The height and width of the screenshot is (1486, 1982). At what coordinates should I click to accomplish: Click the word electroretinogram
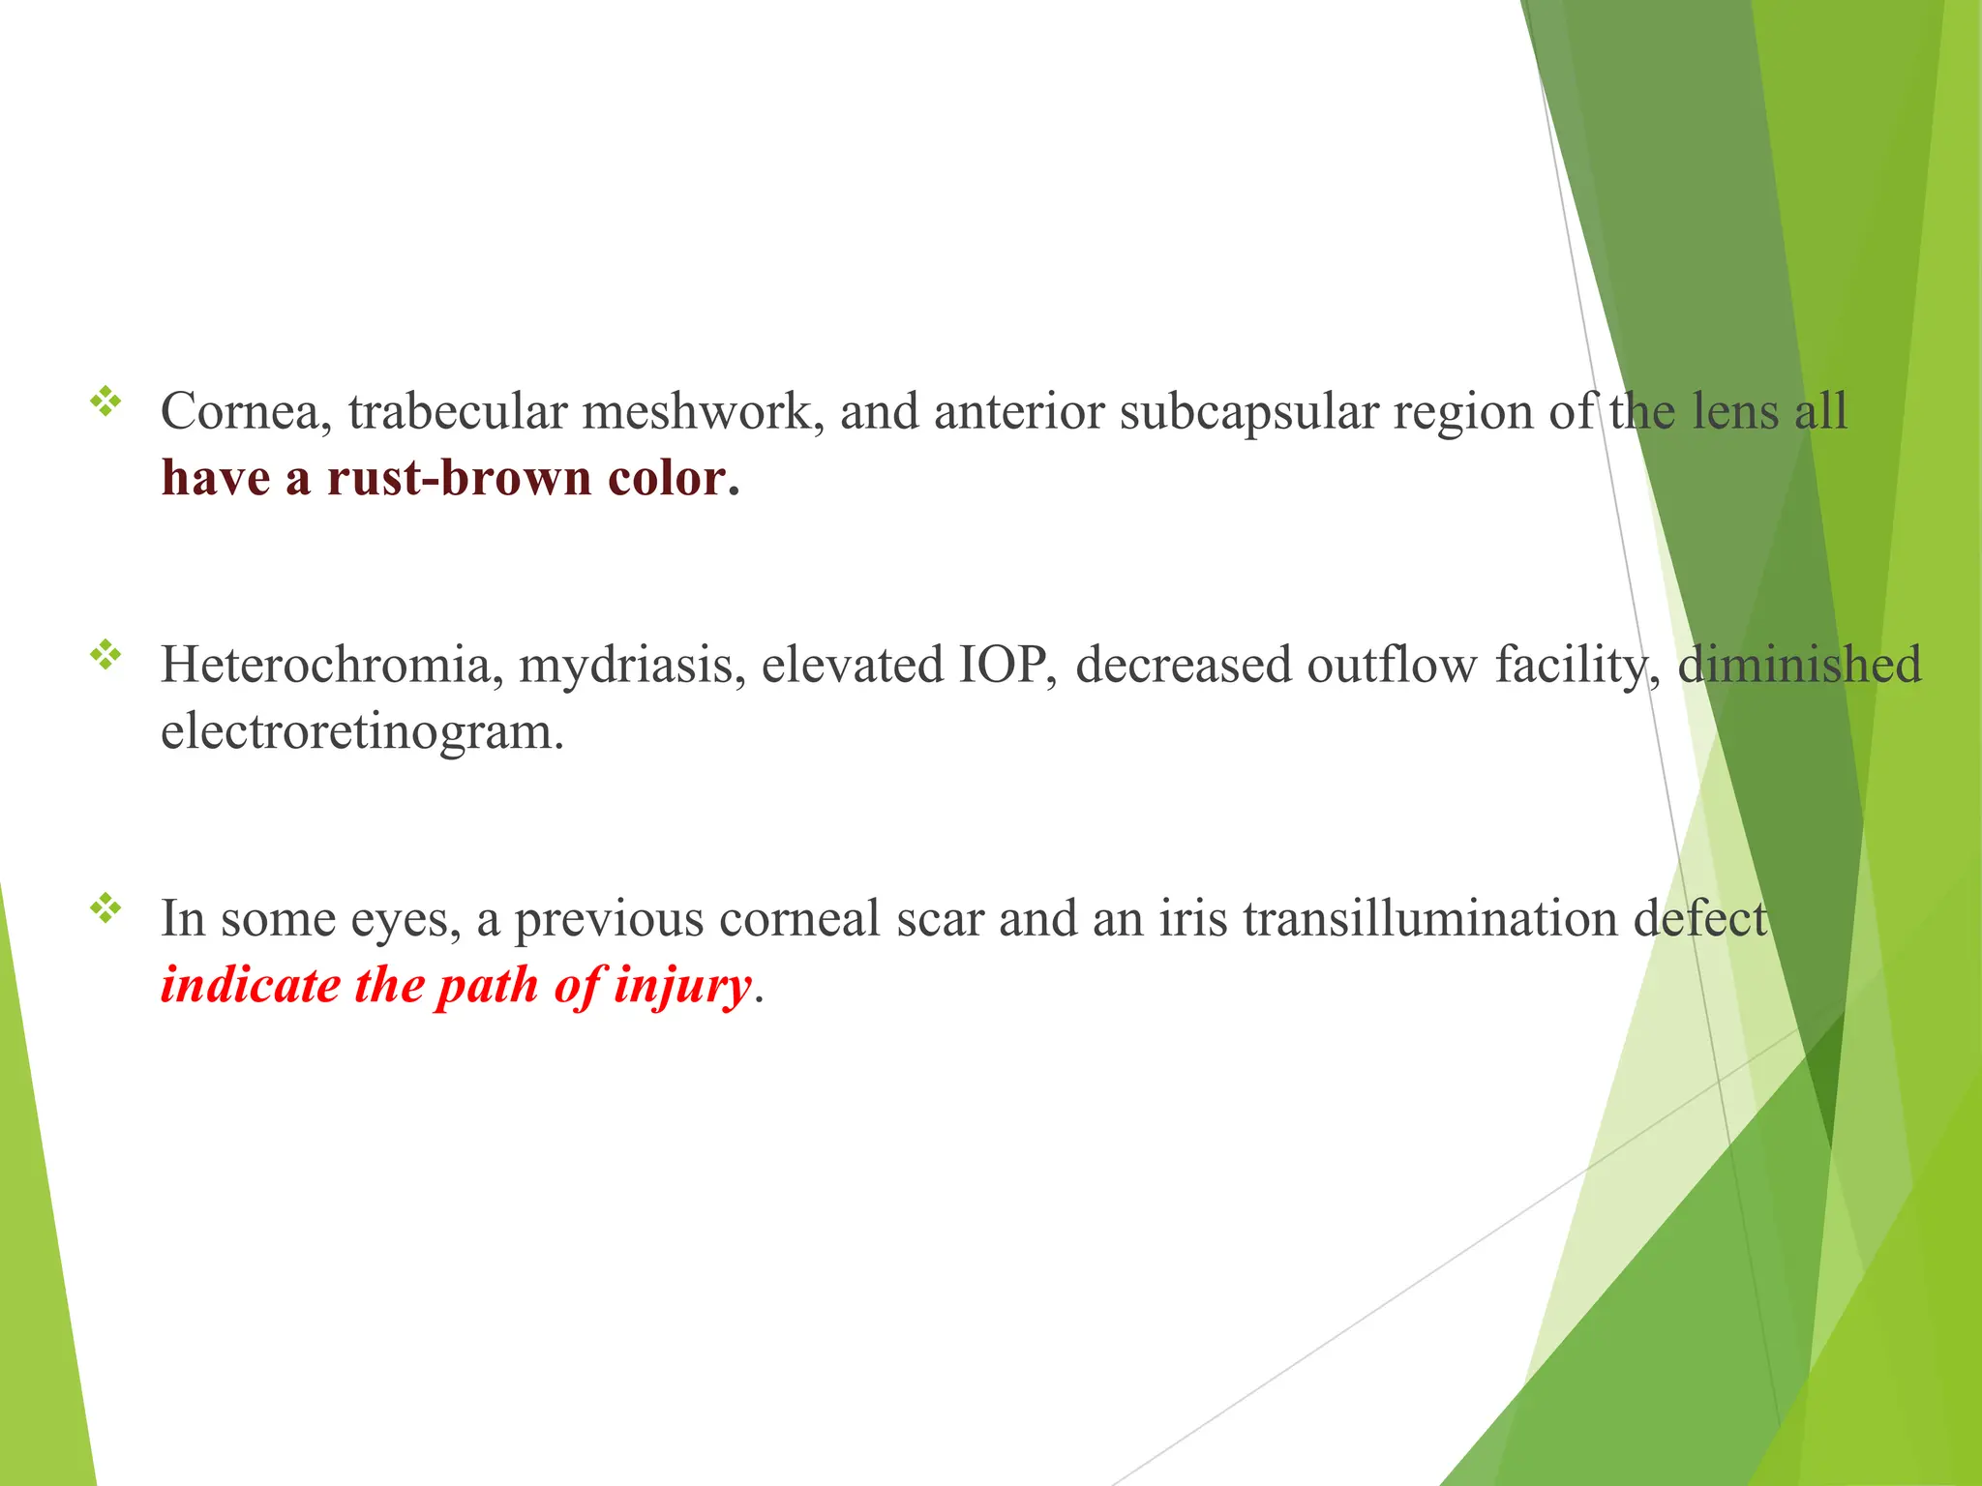(x=362, y=731)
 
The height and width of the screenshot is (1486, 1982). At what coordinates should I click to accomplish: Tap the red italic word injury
(x=682, y=986)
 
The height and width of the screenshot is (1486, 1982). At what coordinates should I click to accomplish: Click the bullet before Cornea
(x=105, y=401)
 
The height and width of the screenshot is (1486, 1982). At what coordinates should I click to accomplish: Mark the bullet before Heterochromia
(x=105, y=656)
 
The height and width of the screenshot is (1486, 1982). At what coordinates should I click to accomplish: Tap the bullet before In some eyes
(x=105, y=908)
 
